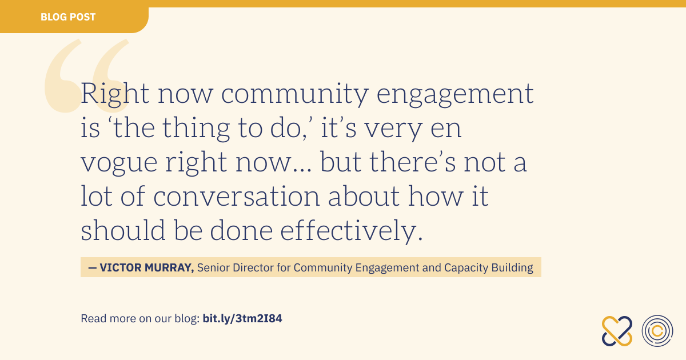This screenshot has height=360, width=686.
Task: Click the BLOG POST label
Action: click(68, 17)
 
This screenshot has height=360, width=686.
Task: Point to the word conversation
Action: click(237, 196)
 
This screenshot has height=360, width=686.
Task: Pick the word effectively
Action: click(351, 231)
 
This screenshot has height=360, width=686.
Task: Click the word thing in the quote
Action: click(196, 129)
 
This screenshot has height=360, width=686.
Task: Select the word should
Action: click(123, 230)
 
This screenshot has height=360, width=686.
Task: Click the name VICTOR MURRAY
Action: click(147, 267)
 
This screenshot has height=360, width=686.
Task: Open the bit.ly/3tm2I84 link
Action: click(242, 319)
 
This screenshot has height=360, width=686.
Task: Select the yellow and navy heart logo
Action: click(617, 331)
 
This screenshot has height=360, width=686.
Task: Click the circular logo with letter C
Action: click(657, 331)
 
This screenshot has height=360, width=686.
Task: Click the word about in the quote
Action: click(364, 196)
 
